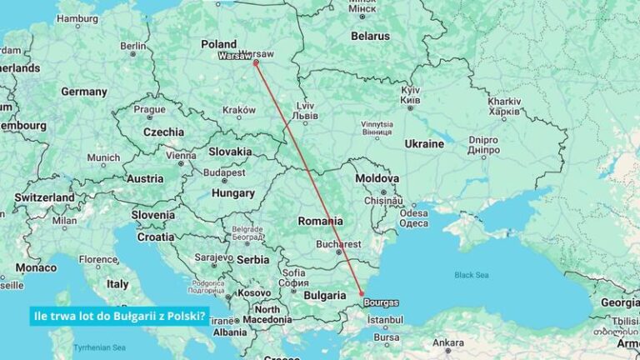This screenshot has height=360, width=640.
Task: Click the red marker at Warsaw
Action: pyautogui.click(x=256, y=62)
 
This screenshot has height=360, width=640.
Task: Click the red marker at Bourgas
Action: pyautogui.click(x=361, y=292)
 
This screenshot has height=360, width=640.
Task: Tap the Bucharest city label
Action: pyautogui.click(x=338, y=244)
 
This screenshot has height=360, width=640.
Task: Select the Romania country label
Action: pyautogui.click(x=321, y=221)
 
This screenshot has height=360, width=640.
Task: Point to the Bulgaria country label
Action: pyautogui.click(x=323, y=295)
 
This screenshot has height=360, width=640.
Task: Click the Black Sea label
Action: pyautogui.click(x=471, y=275)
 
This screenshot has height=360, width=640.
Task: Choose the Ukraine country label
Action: pyautogui.click(x=424, y=144)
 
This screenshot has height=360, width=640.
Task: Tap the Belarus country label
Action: pyautogui.click(x=370, y=37)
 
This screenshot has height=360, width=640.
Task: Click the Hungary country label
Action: pyautogui.click(x=233, y=192)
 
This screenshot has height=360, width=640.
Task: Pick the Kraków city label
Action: pyautogui.click(x=239, y=110)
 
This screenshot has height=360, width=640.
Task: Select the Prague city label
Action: pyautogui.click(x=150, y=109)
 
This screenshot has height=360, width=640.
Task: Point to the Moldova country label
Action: pyautogui.click(x=377, y=178)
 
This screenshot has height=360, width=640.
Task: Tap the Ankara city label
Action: pyautogui.click(x=448, y=342)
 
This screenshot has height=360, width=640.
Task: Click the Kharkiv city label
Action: pyautogui.click(x=504, y=101)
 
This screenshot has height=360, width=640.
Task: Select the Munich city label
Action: pyautogui.click(x=103, y=157)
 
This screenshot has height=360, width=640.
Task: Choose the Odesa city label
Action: pyautogui.click(x=414, y=212)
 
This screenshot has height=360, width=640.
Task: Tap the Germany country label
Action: pyautogui.click(x=84, y=92)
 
